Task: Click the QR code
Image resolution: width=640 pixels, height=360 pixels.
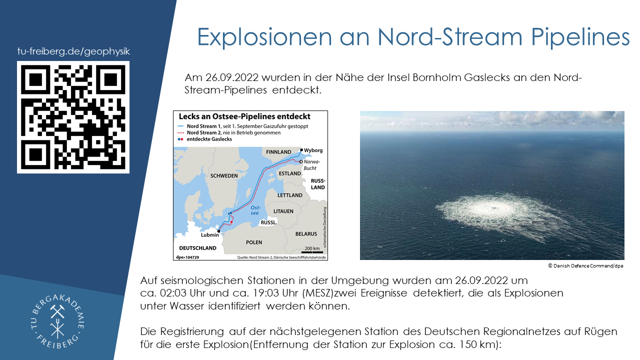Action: [73, 117]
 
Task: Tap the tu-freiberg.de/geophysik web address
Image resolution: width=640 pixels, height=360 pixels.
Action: [73, 51]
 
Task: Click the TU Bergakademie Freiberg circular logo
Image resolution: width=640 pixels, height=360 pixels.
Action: [57, 321]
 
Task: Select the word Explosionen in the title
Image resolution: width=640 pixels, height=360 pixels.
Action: [264, 37]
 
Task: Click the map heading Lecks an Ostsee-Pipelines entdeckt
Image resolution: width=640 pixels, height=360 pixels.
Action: [244, 116]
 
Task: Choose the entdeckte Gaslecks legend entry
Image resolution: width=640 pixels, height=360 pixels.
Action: [204, 139]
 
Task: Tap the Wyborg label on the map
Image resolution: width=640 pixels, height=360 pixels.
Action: [313, 150]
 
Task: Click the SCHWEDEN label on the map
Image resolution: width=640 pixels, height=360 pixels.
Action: [224, 175]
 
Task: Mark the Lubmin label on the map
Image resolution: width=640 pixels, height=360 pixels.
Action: [209, 235]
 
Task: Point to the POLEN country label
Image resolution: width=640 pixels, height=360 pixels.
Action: [254, 242]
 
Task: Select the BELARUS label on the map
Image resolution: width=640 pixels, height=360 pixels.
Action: [306, 233]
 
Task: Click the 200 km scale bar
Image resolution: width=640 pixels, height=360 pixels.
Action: [312, 252]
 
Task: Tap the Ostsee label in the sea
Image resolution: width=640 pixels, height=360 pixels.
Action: [255, 210]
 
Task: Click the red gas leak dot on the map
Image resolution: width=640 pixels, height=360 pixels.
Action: [231, 222]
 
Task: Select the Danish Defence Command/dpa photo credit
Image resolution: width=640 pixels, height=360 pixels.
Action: [585, 265]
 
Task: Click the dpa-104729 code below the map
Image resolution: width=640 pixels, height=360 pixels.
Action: [187, 257]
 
